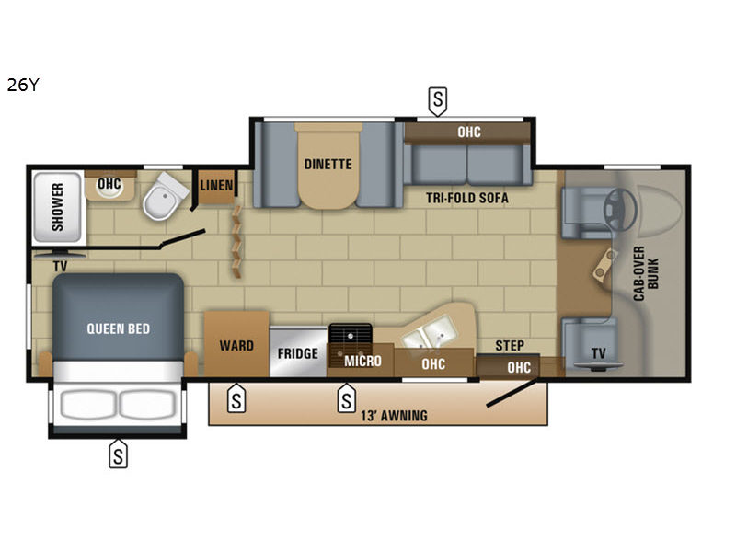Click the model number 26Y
coord(23,85)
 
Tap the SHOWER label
coord(57,207)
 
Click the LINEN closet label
coord(216,186)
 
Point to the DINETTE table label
coord(328,165)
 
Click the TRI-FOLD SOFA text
coord(467,198)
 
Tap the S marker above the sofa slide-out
coord(438,101)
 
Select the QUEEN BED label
coord(119,328)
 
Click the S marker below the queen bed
coord(119,454)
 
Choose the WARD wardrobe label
coord(236,346)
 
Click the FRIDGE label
coord(297,353)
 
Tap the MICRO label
coord(362,361)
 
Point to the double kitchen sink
coord(431,331)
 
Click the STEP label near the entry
coord(510,346)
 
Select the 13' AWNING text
coord(394,416)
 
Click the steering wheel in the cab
coord(620,210)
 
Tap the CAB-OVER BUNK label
coord(646,273)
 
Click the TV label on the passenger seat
coord(599,353)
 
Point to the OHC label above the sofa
coord(469,132)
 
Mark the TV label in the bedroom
coord(60,266)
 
